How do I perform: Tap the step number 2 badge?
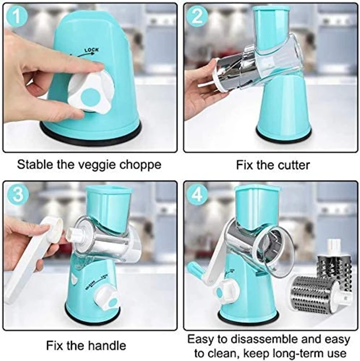(197, 17)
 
